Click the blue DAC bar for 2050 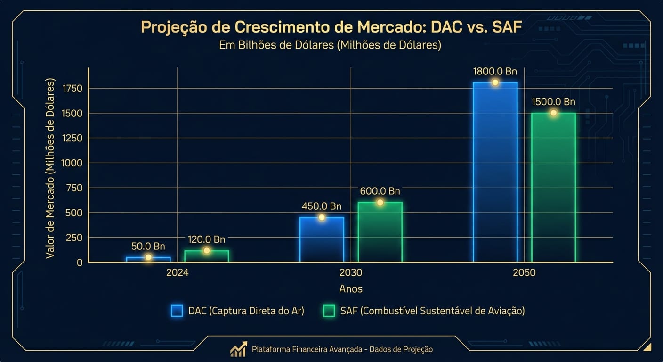point(495,172)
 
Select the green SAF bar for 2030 point(380,232)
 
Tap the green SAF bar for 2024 point(206,256)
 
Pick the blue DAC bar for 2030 point(322,239)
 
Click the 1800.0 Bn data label point(495,72)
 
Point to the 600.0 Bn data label point(380,191)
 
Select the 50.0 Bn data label point(148,246)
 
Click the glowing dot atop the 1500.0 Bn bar point(553,113)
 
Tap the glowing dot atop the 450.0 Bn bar point(322,217)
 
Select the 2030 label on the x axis point(351,273)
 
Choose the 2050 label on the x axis point(524,273)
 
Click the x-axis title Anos point(351,288)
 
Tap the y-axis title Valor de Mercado point(50,168)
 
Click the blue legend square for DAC point(177,311)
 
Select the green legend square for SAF point(329,311)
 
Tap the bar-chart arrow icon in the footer point(238,349)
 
